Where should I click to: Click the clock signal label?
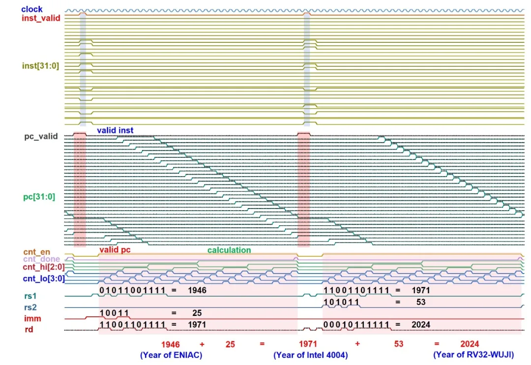pyautogui.click(x=32, y=9)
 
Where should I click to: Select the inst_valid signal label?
pyautogui.click(x=41, y=18)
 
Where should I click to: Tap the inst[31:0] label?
pyautogui.click(x=40, y=65)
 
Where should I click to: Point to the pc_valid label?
pyautogui.click(x=41, y=136)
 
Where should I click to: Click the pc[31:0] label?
pyautogui.click(x=40, y=197)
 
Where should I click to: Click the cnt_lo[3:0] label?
pyautogui.click(x=41, y=279)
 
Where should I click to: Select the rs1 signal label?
pyautogui.click(x=31, y=296)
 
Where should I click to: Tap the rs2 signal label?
pyautogui.click(x=31, y=308)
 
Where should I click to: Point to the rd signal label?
pyautogui.click(x=29, y=329)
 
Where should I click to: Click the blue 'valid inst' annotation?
pyautogui.click(x=115, y=130)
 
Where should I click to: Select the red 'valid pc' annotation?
pyautogui.click(x=115, y=250)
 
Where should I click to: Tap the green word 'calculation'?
pyautogui.click(x=229, y=250)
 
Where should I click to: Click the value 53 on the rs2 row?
pyautogui.click(x=420, y=302)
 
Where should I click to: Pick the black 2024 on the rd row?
pyautogui.click(x=421, y=325)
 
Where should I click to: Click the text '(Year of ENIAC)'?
pyautogui.click(x=171, y=355)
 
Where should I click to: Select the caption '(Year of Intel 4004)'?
pyautogui.click(x=311, y=355)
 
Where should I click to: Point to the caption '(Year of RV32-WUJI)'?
pyautogui.click(x=473, y=355)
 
